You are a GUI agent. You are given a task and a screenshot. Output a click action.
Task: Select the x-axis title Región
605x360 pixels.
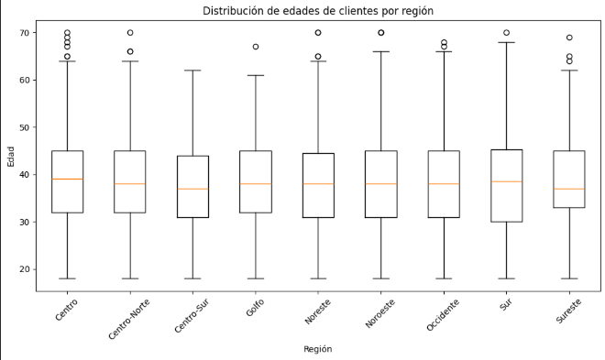click(318, 349)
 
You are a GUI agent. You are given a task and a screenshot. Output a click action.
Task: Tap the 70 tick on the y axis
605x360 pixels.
click(24, 33)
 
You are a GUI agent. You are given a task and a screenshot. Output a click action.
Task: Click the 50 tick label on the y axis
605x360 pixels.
click(24, 127)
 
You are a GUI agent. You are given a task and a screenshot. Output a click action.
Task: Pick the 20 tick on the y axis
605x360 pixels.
click(24, 269)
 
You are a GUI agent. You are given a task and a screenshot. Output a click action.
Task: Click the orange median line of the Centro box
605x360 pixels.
click(67, 179)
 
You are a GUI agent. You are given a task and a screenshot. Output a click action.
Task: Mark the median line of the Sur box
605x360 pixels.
click(507, 181)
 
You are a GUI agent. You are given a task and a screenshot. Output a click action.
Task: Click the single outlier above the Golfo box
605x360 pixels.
click(256, 47)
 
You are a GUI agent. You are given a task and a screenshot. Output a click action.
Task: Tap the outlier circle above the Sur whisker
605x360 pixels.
click(507, 33)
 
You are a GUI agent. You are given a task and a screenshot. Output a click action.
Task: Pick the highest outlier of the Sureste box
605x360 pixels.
click(570, 38)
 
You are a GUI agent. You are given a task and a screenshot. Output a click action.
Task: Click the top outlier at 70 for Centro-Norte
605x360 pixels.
click(130, 33)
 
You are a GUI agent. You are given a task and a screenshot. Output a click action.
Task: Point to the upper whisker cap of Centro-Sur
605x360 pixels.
click(192, 71)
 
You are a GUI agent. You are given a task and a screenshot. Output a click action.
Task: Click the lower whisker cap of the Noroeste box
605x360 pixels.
click(381, 278)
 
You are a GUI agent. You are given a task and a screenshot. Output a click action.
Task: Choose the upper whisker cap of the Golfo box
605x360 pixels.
click(256, 75)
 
